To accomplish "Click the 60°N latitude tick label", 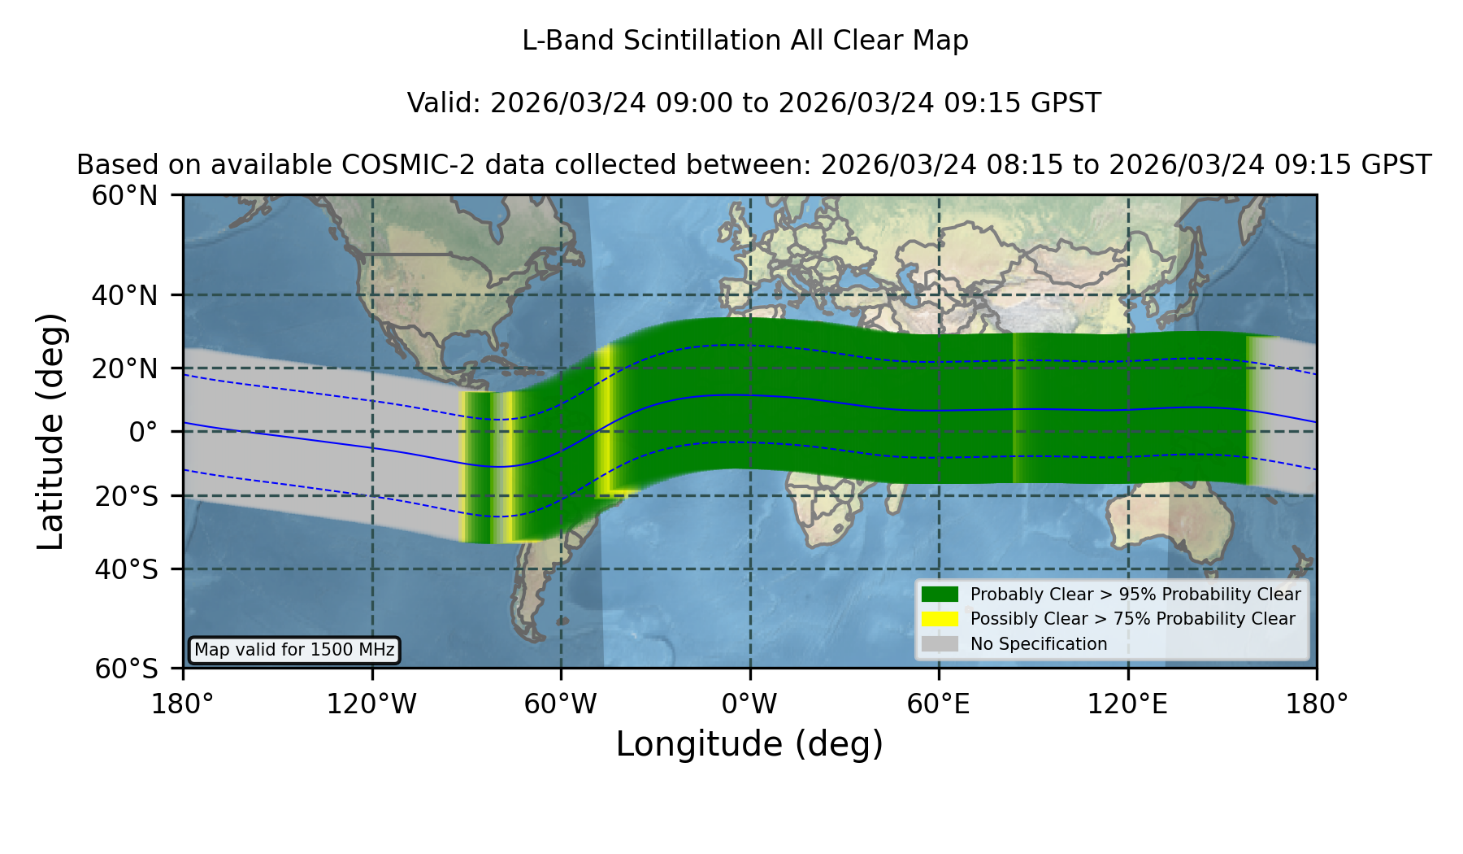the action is click(x=124, y=196).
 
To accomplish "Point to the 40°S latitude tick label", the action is click(x=126, y=569).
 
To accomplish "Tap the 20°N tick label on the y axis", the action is click(x=124, y=368).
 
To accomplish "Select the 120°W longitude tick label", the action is click(x=371, y=704).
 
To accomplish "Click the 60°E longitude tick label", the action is click(x=939, y=704).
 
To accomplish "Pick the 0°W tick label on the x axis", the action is click(x=749, y=704).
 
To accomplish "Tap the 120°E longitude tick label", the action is click(x=1127, y=704).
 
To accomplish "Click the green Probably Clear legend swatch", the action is click(x=940, y=595).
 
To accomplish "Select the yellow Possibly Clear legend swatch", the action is click(x=940, y=619).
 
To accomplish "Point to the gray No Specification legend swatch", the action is click(x=940, y=644).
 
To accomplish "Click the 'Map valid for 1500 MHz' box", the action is click(x=294, y=650).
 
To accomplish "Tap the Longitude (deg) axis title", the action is click(x=749, y=744).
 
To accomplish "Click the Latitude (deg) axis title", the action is click(x=50, y=431).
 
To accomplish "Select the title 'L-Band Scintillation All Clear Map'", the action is click(x=745, y=41).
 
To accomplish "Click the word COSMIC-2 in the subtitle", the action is click(x=394, y=165).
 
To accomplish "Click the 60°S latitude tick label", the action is click(x=126, y=669).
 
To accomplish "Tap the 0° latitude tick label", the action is click(x=143, y=432).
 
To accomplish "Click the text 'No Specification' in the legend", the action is click(x=1039, y=644).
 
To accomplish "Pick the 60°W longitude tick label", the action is click(x=560, y=704).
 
